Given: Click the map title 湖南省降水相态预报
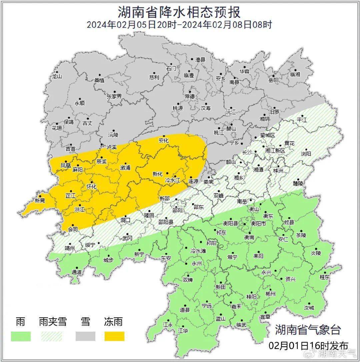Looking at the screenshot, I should point(179,12).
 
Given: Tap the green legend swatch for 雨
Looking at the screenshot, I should point(21,336).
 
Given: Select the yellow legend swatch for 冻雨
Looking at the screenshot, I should point(114,336).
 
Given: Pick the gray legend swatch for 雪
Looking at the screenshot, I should point(85,336).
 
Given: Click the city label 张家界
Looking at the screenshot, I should point(114,96).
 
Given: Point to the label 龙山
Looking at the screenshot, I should point(57,76).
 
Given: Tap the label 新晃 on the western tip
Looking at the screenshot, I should point(40,201).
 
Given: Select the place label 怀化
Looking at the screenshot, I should point(91,187).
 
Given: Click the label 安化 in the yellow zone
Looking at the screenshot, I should point(164,140).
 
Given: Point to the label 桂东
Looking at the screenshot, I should point(325,277).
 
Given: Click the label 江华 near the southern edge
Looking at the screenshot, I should point(183,331).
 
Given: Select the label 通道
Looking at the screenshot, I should point(77,272).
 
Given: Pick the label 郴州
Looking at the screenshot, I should point(270,294).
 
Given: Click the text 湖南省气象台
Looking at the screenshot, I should point(308,330).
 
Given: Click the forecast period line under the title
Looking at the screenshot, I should point(179,25).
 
